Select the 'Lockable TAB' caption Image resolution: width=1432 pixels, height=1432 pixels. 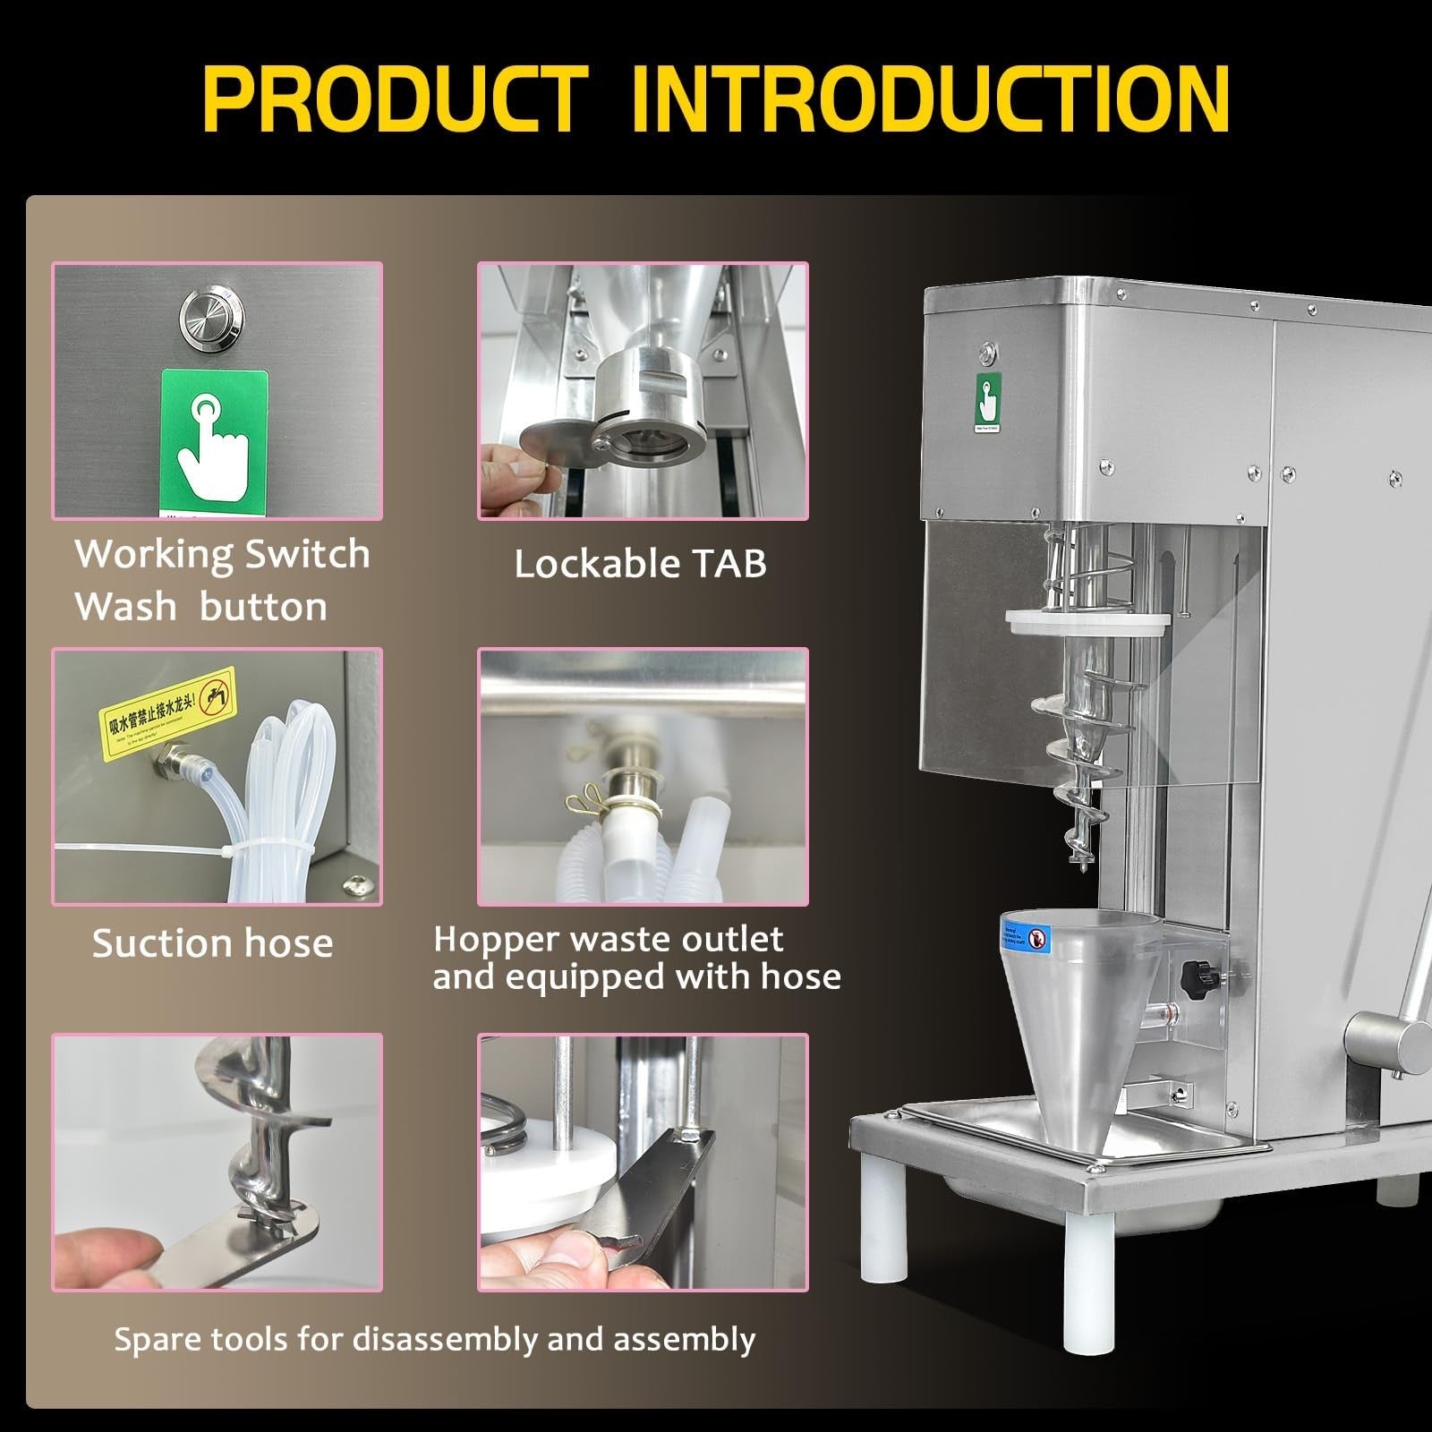coord(641,564)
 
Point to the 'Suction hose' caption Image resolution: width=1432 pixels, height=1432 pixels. coord(213,943)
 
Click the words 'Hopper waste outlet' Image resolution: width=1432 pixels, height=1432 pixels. coord(609,940)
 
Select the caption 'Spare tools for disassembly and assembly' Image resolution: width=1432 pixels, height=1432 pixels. coord(435,1339)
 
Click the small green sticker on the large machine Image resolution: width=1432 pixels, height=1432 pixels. coord(987,402)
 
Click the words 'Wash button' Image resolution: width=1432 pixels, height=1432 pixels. coord(201,607)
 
